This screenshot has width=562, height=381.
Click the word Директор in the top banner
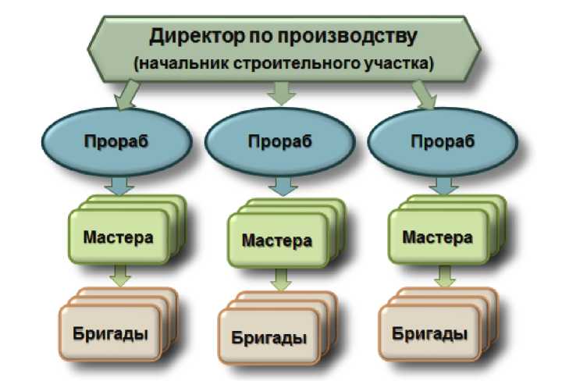197,37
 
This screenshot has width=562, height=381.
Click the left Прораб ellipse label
116,141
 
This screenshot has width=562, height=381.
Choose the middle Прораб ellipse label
280,141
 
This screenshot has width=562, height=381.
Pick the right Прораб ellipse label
443,141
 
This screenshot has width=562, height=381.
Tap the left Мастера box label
119,237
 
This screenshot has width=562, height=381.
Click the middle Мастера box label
277,240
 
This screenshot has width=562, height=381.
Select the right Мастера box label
438,237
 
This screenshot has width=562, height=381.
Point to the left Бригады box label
110,333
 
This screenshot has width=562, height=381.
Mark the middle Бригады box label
269,337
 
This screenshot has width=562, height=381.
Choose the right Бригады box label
429,333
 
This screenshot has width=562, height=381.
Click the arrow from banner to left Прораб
126,95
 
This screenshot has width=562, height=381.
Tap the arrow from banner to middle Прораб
281,94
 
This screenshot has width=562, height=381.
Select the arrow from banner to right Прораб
425,95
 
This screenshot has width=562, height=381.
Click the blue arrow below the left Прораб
119,186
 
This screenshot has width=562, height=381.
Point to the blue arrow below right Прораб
443,186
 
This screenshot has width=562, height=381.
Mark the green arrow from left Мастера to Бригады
120,276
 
